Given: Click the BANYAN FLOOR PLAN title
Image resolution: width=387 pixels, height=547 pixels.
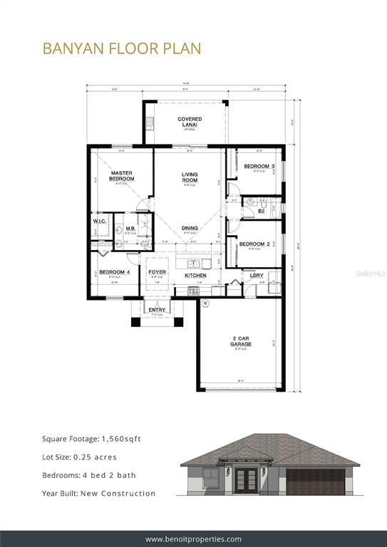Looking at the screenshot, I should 121,48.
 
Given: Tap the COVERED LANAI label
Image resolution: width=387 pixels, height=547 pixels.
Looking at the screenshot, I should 190,122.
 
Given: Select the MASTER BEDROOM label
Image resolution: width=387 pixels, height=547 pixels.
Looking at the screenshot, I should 122,176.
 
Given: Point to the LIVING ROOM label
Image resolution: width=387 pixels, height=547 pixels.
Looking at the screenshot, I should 190,177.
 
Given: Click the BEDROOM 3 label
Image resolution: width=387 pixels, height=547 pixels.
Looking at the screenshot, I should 259,166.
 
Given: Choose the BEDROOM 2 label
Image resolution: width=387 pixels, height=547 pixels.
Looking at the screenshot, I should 254,244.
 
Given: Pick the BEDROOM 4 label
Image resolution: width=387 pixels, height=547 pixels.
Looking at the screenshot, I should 113,272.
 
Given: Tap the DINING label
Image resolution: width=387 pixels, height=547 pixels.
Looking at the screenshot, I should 190,228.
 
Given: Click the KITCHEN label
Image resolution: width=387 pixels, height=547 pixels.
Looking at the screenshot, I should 196,275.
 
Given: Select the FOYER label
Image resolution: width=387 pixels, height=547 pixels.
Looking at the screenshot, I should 157,272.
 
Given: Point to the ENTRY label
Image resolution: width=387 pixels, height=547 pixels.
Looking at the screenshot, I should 157,309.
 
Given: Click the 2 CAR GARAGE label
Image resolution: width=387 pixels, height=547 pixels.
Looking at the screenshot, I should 241,341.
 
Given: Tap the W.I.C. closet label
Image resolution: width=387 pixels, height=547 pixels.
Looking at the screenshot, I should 99,222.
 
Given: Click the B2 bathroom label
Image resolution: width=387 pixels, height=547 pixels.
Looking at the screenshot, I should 262,211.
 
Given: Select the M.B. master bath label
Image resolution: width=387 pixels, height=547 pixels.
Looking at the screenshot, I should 131,229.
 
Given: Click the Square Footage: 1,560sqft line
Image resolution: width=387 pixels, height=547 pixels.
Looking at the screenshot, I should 91,439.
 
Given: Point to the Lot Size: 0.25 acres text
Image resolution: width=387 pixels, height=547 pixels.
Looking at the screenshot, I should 79,457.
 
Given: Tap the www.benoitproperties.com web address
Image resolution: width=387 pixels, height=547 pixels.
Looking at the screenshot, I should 193,538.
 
